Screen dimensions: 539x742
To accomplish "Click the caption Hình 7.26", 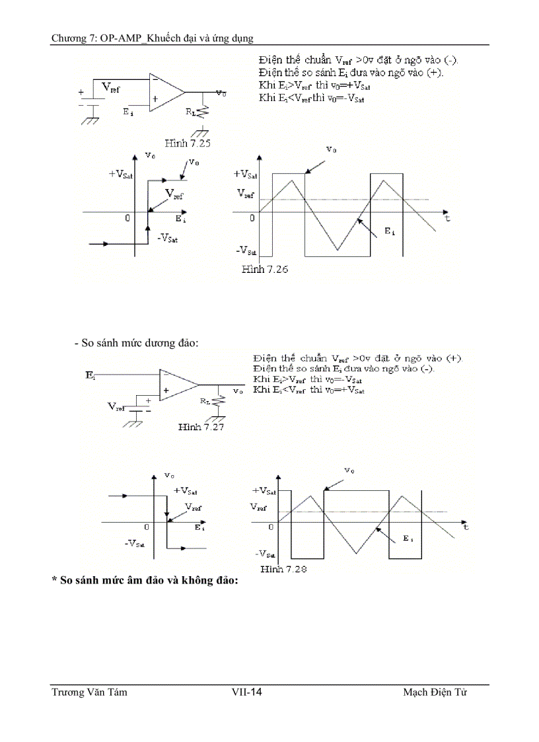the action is (264, 269).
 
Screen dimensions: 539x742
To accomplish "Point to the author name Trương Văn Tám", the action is (89, 692).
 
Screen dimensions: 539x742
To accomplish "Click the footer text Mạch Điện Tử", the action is (435, 692).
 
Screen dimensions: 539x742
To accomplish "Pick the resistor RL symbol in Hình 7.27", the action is (215, 402).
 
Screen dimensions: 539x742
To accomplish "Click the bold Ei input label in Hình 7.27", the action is (90, 375).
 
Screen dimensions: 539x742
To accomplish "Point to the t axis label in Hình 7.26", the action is (447, 217).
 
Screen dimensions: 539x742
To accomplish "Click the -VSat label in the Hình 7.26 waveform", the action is (246, 251).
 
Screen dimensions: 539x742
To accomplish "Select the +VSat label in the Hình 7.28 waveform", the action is (264, 491).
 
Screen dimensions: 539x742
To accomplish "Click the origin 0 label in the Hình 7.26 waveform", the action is (252, 218).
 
